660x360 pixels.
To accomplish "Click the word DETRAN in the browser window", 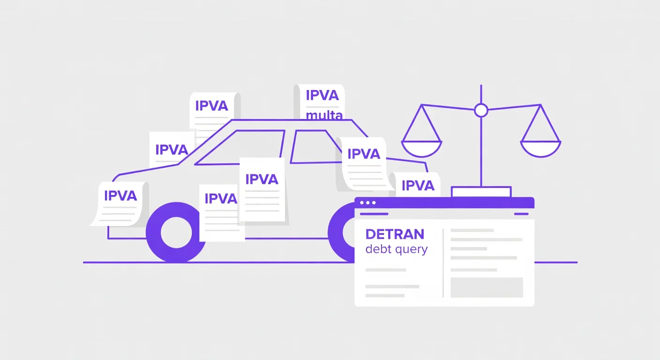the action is pyautogui.click(x=395, y=234).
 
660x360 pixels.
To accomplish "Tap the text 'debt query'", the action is pyautogui.click(x=396, y=249).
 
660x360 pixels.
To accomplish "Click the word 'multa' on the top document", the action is pyautogui.click(x=324, y=115).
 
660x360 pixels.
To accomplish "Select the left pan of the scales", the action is pyautogui.click(x=421, y=149).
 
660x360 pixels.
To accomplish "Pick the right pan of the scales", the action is pyautogui.click(x=540, y=149).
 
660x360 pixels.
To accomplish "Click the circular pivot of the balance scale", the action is pyautogui.click(x=481, y=111).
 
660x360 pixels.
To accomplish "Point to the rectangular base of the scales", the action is pyautogui.click(x=481, y=192).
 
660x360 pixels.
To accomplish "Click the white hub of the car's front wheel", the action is pyautogui.click(x=176, y=232).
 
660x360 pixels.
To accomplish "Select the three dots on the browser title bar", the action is pyautogui.click(x=367, y=202).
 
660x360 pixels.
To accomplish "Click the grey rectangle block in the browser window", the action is pyautogui.click(x=487, y=287).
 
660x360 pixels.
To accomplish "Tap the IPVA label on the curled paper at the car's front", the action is pyautogui.click(x=120, y=195).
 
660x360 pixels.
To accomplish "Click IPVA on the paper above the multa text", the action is pyautogui.click(x=322, y=95).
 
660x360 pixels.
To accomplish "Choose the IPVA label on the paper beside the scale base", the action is pyautogui.click(x=418, y=186).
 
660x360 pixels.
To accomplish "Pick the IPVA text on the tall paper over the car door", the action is pyautogui.click(x=262, y=180).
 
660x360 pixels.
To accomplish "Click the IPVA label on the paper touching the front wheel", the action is pyautogui.click(x=221, y=199).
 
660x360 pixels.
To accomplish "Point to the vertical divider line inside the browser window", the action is pyautogui.click(x=443, y=263).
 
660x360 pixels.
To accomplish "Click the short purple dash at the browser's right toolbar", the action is pyautogui.click(x=521, y=214).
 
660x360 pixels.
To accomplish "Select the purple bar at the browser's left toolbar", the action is pyautogui.click(x=374, y=214).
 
